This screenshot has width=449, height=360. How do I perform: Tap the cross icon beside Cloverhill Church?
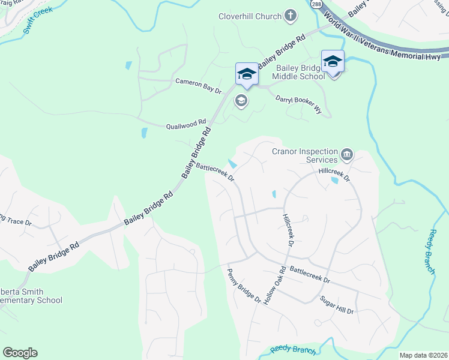pos(290,16)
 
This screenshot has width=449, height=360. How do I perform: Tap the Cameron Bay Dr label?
pos(198,85)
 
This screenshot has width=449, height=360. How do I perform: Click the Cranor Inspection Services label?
pos(305,156)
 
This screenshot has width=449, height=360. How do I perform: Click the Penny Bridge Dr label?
pos(244,286)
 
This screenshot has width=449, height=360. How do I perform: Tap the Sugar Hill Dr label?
pos(337,305)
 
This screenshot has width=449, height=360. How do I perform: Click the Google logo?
pos(20,353)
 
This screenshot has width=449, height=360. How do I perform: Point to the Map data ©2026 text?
pos(423,355)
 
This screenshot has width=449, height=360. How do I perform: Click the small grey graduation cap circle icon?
pos(241,100)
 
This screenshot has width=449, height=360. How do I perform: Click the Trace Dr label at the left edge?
pos(16,221)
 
